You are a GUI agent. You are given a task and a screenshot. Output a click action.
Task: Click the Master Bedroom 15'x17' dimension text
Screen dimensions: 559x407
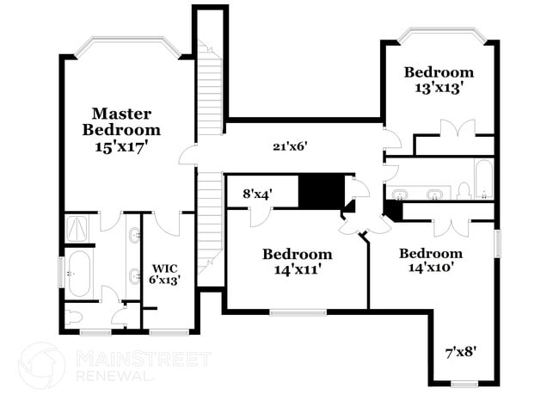point(121,146)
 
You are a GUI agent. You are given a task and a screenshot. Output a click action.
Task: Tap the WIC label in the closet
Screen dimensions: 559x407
point(164,268)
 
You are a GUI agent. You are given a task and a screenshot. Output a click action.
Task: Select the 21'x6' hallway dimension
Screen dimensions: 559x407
point(290,146)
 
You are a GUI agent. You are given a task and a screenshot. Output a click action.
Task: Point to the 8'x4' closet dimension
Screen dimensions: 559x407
point(258,194)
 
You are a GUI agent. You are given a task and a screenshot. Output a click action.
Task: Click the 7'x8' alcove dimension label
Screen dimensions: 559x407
point(461,352)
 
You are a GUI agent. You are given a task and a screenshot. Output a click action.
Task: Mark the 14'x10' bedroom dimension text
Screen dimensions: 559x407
point(431,267)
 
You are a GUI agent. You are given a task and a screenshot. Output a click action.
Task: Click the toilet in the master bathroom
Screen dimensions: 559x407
point(74,317)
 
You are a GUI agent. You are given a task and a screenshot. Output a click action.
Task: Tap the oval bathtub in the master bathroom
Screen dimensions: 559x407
point(79,274)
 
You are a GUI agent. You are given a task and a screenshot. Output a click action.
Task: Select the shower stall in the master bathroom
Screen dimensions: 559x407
point(77,228)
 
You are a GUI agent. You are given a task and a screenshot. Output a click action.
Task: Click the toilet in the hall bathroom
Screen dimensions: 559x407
point(464,191)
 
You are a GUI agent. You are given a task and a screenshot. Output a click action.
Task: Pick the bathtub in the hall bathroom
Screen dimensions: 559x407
point(484,179)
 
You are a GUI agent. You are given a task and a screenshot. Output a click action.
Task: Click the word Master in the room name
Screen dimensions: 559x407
point(121,114)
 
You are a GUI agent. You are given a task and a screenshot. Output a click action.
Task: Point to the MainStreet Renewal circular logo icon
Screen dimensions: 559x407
point(42,366)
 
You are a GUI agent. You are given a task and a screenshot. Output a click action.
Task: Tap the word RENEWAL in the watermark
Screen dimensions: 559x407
point(113,376)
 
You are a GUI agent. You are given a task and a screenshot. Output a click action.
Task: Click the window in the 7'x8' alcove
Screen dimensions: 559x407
point(464,384)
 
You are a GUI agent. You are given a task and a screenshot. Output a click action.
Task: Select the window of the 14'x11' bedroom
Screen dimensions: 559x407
point(298,313)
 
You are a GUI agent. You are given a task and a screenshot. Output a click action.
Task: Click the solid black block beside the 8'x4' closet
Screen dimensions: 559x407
point(322,192)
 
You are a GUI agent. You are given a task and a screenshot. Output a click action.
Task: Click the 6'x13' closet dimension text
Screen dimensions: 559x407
point(164,280)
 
